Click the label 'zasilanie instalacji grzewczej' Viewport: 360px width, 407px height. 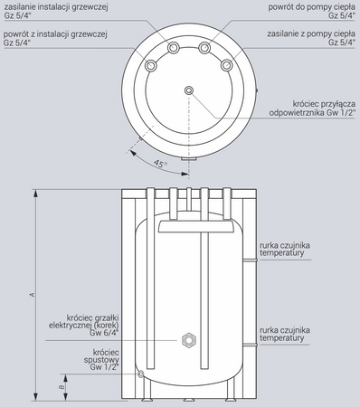tap(56, 7)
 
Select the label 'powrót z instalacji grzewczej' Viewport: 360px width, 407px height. tap(55, 34)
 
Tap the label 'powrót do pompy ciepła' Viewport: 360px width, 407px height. tap(312, 7)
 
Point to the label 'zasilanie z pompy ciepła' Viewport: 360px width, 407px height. tap(311, 34)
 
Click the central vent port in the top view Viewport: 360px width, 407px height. tap(189, 90)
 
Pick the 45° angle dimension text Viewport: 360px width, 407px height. tap(160, 164)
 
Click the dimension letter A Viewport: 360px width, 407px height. tap(33, 295)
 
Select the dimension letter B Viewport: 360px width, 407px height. tap(62, 387)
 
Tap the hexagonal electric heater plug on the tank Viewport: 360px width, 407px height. tap(189, 340)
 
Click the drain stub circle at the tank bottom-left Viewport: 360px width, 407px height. tap(140, 374)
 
